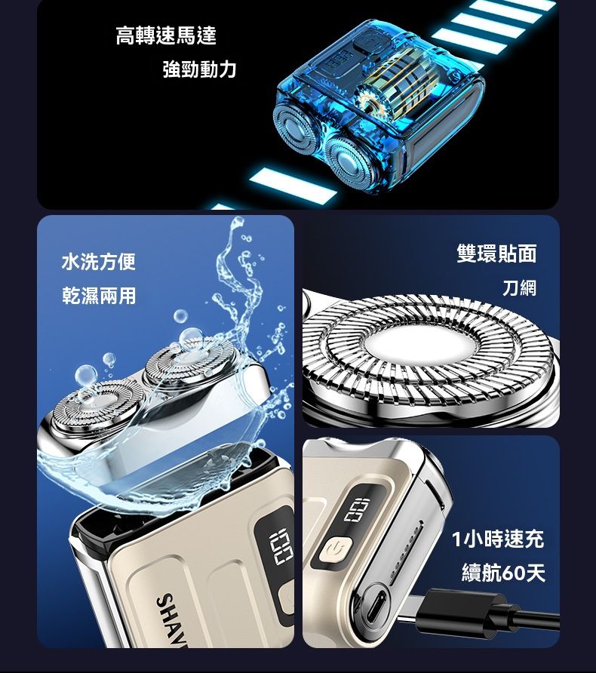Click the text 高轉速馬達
166,35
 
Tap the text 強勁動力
199,69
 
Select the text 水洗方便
99,261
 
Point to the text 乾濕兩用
99,296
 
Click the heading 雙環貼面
497,253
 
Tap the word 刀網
520,287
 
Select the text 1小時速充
498,539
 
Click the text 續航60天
503,573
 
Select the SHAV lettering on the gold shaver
172,619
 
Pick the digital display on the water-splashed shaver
281,545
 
